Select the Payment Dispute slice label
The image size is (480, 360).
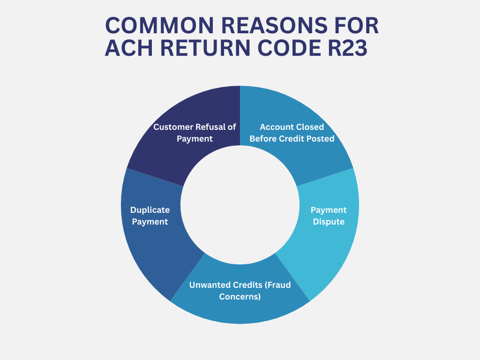click(329, 216)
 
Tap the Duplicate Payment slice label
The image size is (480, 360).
click(150, 216)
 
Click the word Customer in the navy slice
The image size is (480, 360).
click(172, 127)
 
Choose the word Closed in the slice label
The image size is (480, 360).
click(309, 127)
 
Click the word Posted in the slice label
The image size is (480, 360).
click(321, 139)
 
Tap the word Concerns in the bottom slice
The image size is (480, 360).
click(240, 296)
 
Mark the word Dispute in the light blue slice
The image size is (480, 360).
click(329, 222)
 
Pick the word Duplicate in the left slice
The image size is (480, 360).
click(150, 210)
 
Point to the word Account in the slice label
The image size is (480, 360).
click(276, 127)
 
